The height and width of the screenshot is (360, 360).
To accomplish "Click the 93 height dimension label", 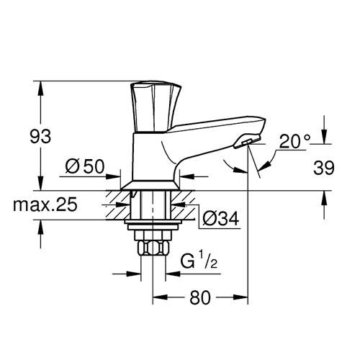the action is point(40,136).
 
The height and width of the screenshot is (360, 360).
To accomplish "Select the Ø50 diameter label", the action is point(85,166).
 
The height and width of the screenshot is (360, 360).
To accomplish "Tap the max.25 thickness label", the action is point(45,204).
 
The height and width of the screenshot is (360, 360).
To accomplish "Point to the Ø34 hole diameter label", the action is point(221,218).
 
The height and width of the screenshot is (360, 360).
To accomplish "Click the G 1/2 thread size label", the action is point(199,261).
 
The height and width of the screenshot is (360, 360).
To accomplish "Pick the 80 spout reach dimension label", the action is point(200,297).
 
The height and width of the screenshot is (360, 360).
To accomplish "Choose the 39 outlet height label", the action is point(323,168).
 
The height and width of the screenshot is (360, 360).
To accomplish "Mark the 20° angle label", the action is point(294,141).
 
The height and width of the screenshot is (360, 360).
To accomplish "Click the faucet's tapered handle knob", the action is point(155,107).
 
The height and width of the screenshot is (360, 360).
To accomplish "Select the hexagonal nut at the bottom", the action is point(153,248).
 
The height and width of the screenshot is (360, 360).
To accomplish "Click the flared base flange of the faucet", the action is point(150,185).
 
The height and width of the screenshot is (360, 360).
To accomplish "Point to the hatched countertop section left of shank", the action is point(118,205).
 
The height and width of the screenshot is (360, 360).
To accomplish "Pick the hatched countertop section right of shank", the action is point(183,205).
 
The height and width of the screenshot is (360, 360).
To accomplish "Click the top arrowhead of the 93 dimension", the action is point(40,89).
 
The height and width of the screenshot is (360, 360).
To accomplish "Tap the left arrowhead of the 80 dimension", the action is point(160,297).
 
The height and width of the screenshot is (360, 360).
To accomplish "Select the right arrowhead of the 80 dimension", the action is point(240,297).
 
